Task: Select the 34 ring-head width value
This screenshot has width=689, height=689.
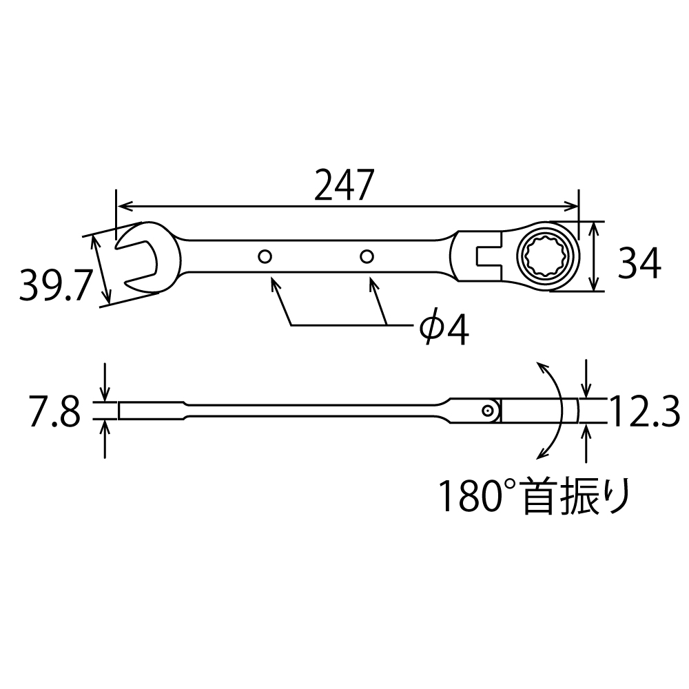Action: click(639, 263)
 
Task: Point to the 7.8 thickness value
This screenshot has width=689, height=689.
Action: click(54, 412)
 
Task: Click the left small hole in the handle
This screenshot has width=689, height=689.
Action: click(265, 257)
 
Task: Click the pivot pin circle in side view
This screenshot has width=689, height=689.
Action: click(488, 411)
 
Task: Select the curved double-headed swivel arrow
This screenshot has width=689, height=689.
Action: click(554, 411)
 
